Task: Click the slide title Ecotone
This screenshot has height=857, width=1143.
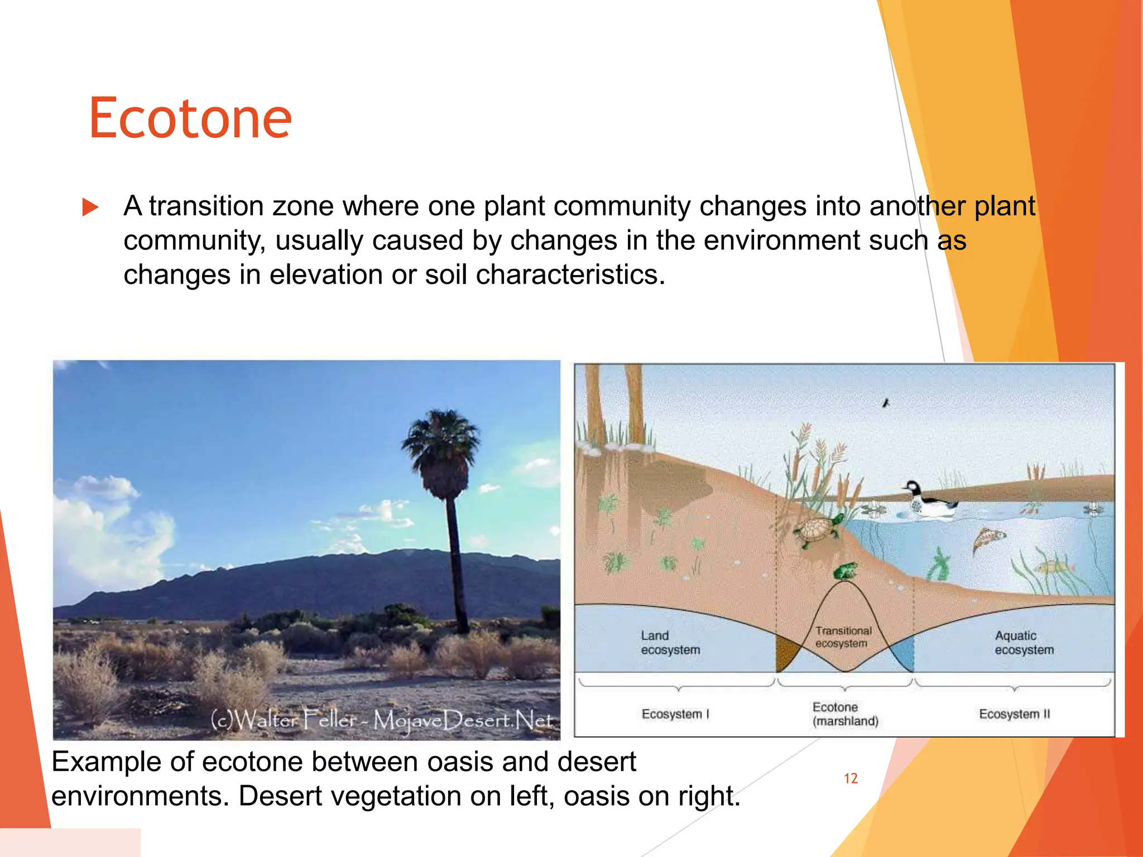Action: [x=190, y=118]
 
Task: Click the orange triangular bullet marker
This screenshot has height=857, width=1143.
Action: [x=90, y=207]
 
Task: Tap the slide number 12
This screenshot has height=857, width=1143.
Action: [x=850, y=778]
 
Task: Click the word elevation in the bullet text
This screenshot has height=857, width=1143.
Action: [x=328, y=275]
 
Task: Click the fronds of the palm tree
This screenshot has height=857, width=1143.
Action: [x=441, y=446]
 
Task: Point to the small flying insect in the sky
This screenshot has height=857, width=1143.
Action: [x=885, y=402]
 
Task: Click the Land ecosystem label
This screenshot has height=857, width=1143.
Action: [x=670, y=643]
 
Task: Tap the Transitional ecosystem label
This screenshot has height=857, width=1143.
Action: [x=843, y=637]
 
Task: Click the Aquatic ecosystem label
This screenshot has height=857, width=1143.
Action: [x=1024, y=643]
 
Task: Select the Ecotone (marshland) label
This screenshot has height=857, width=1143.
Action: [x=845, y=714]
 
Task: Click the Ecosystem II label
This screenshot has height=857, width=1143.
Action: [x=1014, y=714]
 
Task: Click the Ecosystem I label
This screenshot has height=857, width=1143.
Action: [x=675, y=714]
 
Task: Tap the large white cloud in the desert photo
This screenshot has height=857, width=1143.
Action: [x=106, y=536]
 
